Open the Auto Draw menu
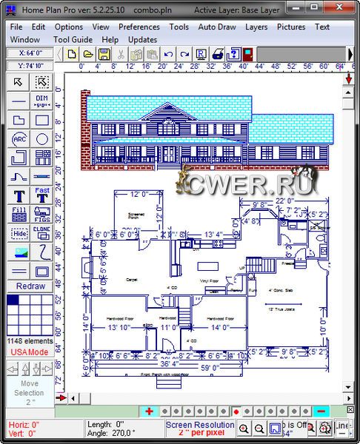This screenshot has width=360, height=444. (217, 27)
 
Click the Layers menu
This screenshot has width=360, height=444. (256, 27)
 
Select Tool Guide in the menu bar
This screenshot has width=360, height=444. (73, 39)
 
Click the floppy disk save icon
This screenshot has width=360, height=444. (104, 54)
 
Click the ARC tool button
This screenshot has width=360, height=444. (19, 138)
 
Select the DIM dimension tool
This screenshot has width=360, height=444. (42, 101)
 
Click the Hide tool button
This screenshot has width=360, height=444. (19, 232)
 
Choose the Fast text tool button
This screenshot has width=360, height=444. (42, 194)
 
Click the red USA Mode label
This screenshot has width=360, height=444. (29, 351)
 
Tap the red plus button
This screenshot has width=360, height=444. (149, 411)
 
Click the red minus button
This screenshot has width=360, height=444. (321, 411)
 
